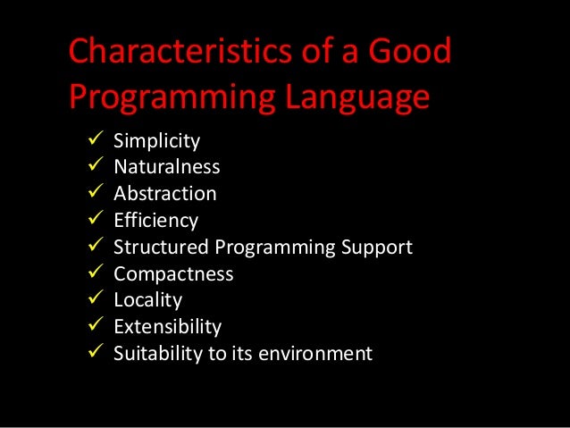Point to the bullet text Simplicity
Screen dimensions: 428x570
(x=156, y=141)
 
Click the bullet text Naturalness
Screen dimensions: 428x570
(x=166, y=167)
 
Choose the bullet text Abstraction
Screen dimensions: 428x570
(x=164, y=193)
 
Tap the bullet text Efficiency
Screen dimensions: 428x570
(x=155, y=220)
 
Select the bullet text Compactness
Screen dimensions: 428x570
(x=173, y=273)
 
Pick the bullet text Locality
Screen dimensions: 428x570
(x=147, y=299)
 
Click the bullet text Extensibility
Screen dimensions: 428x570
(x=167, y=326)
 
